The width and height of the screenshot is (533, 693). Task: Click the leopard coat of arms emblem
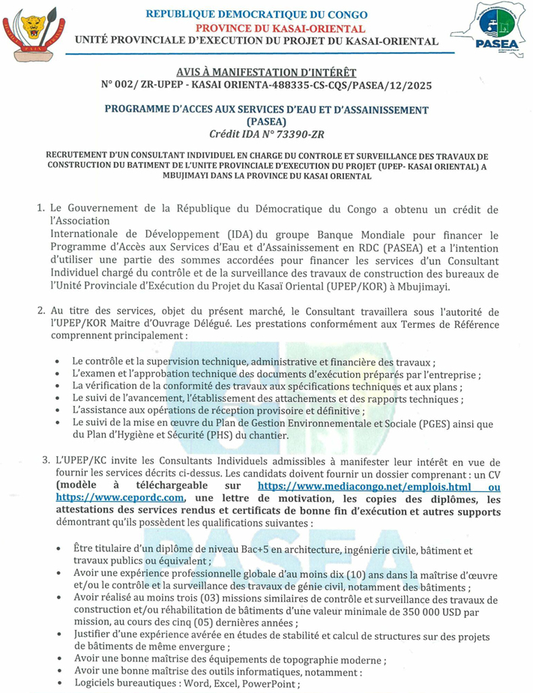pos(34,34)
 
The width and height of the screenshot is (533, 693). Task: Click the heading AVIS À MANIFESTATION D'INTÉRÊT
pos(266,70)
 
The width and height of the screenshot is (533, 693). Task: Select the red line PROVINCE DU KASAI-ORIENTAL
pos(267,26)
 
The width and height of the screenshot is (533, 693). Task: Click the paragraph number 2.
pos(41,311)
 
